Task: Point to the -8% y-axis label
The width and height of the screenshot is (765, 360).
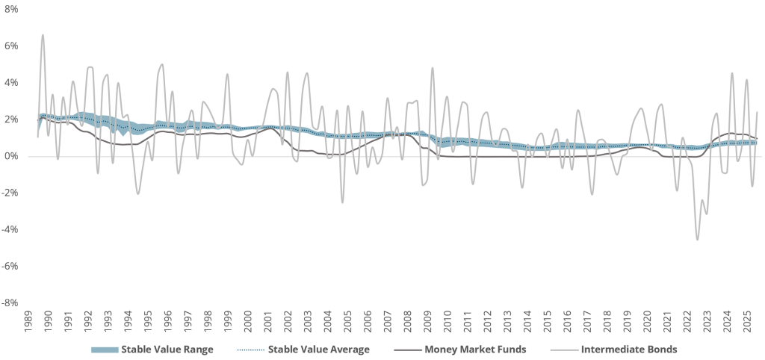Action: (9, 302)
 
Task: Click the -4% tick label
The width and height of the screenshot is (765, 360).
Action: (9, 229)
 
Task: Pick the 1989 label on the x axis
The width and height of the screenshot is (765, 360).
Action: (28, 322)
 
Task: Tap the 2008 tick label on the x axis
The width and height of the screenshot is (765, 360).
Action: (406, 322)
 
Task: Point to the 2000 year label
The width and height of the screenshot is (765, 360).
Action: (247, 322)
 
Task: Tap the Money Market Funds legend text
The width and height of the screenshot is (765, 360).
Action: (476, 349)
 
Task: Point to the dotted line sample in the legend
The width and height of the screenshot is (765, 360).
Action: (249, 349)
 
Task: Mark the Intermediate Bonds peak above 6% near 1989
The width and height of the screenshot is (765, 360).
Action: (43, 35)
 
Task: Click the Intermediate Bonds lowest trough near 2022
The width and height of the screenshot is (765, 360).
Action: (697, 239)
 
